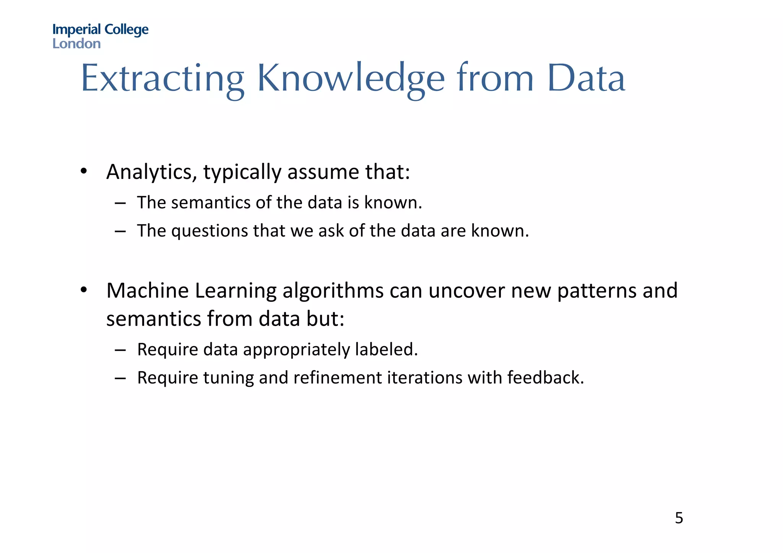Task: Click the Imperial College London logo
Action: point(100,36)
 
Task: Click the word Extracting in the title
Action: point(162,79)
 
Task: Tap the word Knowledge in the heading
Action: point(351,79)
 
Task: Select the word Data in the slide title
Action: point(586,79)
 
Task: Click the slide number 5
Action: point(679,518)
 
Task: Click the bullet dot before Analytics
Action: point(84,170)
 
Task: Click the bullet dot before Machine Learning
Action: point(84,289)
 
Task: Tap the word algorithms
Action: point(333,290)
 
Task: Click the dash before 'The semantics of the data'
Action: point(120,203)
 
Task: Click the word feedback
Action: point(545,378)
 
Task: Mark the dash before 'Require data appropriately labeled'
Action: point(120,350)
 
